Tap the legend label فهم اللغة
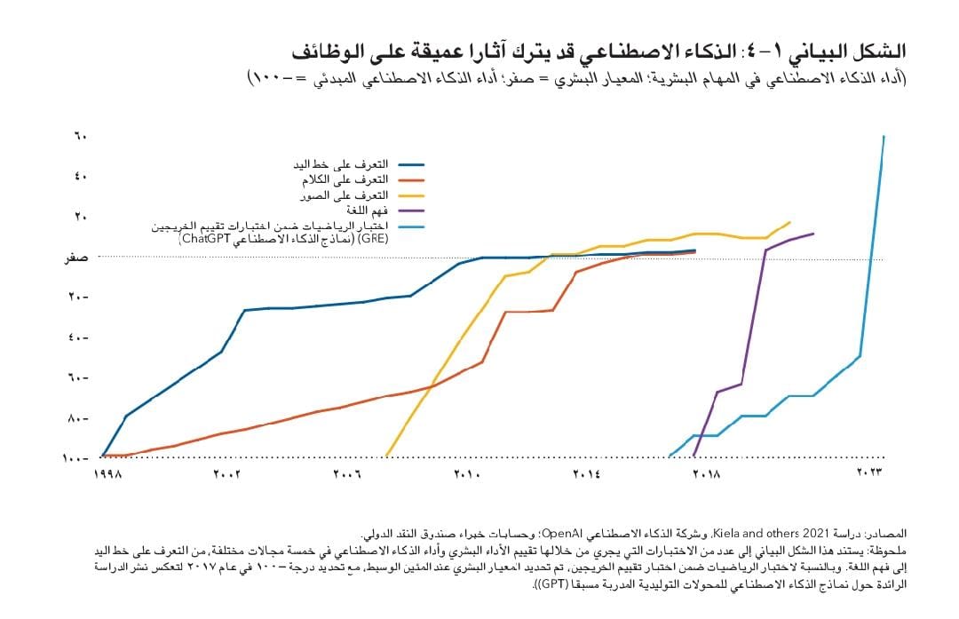[364, 210]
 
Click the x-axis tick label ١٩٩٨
[107, 475]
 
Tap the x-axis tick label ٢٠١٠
[468, 475]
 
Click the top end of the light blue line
[884, 137]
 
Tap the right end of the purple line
[812, 234]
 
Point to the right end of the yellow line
[789, 222]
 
